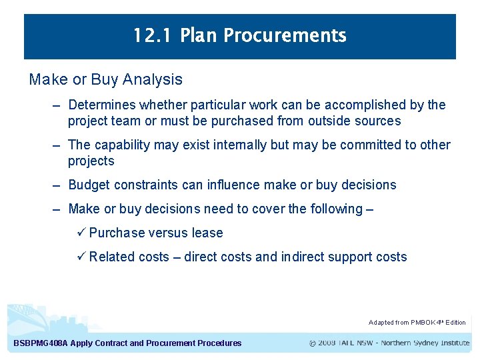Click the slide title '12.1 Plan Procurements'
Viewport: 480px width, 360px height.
239,35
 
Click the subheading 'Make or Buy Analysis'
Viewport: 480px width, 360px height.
105,79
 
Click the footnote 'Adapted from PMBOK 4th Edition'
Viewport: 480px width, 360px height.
417,323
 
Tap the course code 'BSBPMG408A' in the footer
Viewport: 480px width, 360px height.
41,343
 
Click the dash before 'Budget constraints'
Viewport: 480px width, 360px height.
58,185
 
